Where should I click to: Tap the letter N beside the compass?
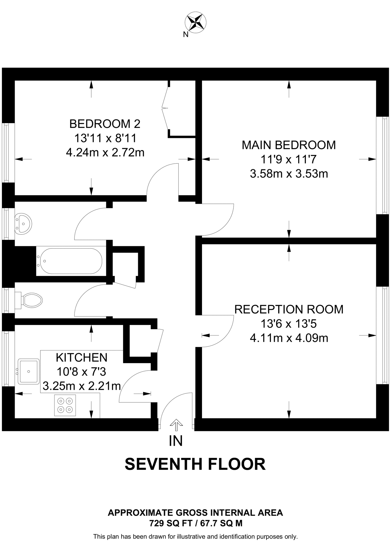[x=186, y=35]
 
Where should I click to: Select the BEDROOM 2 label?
[x=105, y=124]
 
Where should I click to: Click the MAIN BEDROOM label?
[x=289, y=145]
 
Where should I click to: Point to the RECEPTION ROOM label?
[x=289, y=309]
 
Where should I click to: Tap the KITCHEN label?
[x=82, y=358]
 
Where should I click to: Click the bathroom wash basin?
[x=23, y=224]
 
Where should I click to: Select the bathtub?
[x=69, y=261]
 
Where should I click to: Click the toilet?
[x=30, y=300]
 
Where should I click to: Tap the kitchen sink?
[x=28, y=371]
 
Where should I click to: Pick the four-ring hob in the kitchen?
[x=65, y=405]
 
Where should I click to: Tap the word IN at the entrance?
[x=176, y=441]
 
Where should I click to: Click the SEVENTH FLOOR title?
[x=195, y=464]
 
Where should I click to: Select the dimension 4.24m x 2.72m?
[x=105, y=153]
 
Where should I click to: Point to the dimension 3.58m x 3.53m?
[x=289, y=174]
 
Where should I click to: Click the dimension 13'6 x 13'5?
[x=289, y=324]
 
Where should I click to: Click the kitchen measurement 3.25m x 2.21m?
[x=82, y=386]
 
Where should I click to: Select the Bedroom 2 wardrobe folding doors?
[x=166, y=108]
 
